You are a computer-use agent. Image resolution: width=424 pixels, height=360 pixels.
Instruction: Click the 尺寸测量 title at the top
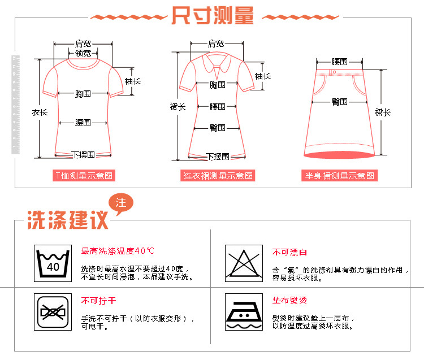click(x=213, y=16)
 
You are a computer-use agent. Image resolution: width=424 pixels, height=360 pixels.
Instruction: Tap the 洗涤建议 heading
click(x=68, y=220)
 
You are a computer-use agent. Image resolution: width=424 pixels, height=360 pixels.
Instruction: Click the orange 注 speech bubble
click(x=120, y=203)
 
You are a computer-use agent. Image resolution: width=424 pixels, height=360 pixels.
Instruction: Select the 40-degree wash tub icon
click(x=53, y=263)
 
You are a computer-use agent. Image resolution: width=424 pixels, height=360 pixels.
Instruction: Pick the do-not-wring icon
click(x=53, y=312)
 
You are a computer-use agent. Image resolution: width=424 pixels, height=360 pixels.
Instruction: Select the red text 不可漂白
click(x=289, y=252)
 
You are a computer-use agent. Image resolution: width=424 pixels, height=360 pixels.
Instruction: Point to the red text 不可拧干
click(x=98, y=301)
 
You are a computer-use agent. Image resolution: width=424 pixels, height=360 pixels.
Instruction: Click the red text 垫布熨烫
click(x=289, y=301)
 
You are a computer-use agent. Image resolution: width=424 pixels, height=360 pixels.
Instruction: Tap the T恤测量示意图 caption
click(x=84, y=176)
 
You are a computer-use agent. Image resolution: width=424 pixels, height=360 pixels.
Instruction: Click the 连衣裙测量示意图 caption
click(x=218, y=176)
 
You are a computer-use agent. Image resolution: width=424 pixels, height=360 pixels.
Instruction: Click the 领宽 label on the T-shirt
click(x=83, y=53)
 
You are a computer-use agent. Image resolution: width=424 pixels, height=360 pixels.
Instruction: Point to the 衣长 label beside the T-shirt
click(x=39, y=112)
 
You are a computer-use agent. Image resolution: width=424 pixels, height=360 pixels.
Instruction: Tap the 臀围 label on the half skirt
click(x=339, y=102)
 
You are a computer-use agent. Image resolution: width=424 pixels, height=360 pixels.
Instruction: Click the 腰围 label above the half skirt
click(x=339, y=62)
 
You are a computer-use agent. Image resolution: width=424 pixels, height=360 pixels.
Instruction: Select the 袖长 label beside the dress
click(x=262, y=76)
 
